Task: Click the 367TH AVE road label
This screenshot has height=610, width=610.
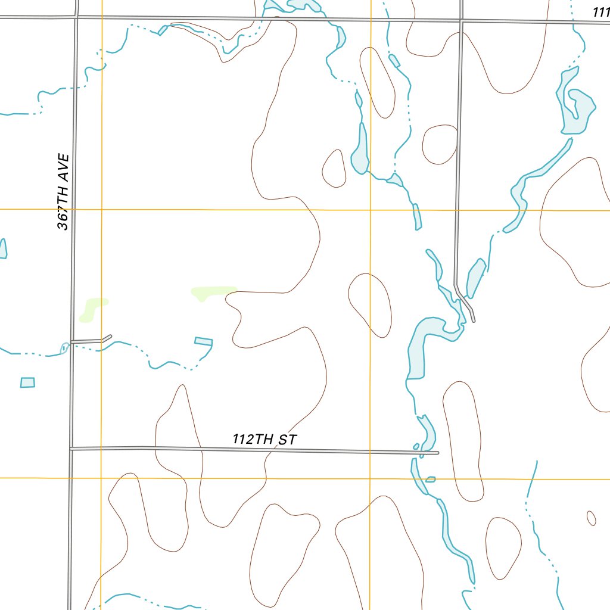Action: point(63,192)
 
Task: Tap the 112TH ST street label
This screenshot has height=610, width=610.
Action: point(264,440)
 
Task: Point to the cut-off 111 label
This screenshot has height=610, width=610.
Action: point(600,12)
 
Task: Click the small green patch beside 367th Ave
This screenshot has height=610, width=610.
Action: point(92,309)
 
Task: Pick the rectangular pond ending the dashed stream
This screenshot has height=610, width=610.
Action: point(203,341)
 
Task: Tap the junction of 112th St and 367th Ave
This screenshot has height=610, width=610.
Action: point(70,448)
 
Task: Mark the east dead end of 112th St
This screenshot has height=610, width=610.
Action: point(438,453)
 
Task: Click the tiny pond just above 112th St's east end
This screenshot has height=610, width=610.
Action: point(416,446)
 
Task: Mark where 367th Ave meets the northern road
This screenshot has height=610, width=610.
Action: point(76,18)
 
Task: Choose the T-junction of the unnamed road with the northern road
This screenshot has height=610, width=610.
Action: point(461,21)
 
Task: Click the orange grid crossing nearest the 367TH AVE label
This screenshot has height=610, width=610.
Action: point(101,210)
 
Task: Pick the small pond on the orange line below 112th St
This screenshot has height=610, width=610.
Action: point(431,478)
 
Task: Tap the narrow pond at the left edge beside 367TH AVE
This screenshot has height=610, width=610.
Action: point(3,248)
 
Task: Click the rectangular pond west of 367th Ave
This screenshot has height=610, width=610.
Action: point(27,382)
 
